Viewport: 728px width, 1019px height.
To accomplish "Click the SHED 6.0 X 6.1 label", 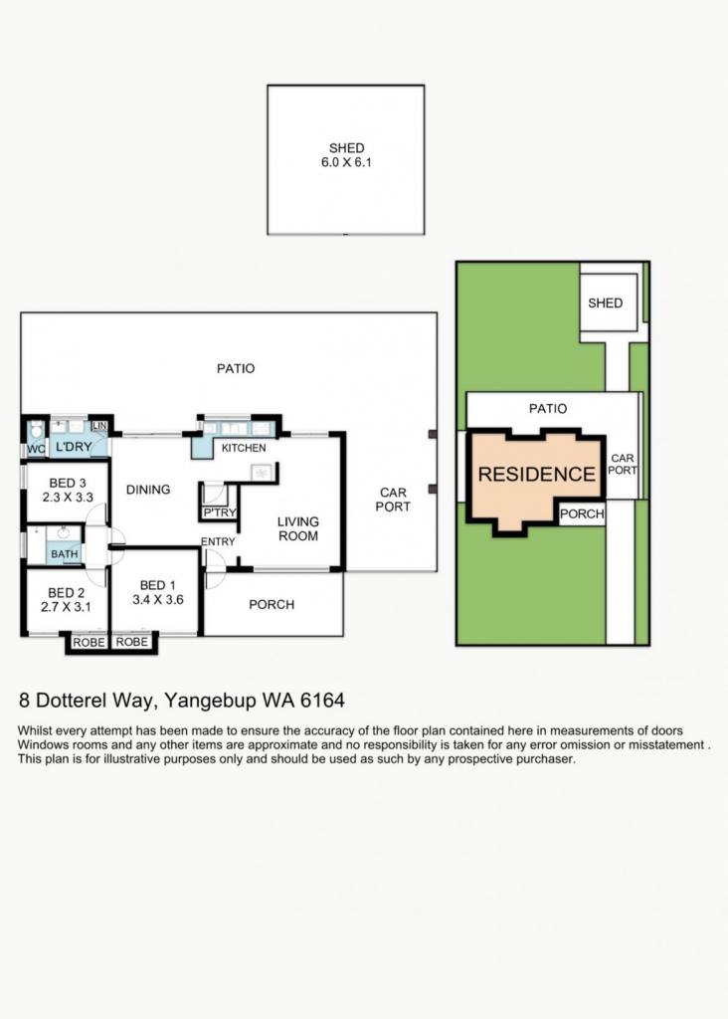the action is tap(346, 155).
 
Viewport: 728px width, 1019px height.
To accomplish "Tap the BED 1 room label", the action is tap(158, 585).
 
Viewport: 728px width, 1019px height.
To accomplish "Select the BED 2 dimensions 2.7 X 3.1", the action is tap(66, 607).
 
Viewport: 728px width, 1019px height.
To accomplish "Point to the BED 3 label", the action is tap(68, 483).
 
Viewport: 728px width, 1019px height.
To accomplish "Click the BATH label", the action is tap(65, 554).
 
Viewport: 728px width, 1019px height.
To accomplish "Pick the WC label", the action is tap(36, 449).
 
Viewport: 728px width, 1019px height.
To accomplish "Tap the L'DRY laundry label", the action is tap(74, 447).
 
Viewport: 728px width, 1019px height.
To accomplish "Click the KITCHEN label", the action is tap(244, 448).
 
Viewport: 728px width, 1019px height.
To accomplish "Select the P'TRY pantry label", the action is tap(220, 512).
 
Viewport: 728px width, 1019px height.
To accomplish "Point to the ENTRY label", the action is tap(218, 541).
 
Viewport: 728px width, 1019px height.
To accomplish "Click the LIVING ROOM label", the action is tap(298, 528).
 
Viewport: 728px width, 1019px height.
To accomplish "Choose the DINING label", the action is tap(148, 490).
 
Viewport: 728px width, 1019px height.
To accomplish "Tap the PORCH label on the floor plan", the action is tap(272, 604).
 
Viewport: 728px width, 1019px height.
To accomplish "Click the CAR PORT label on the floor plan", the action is tap(393, 500).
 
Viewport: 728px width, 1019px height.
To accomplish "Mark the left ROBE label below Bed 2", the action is tap(89, 642).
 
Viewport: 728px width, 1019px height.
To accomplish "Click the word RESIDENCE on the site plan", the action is tap(536, 474).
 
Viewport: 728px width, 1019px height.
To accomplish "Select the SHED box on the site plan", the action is tap(608, 303).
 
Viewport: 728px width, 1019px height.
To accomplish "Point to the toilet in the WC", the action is tap(37, 429).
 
